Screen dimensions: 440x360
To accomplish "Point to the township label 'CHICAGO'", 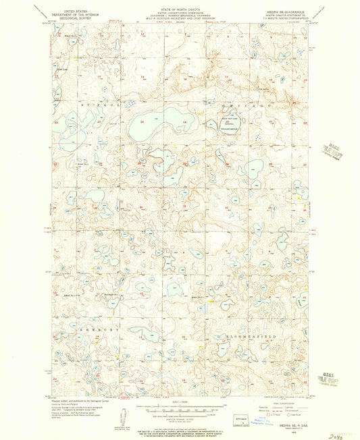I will (250, 107).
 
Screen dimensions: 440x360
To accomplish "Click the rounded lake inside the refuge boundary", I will (230, 123).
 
